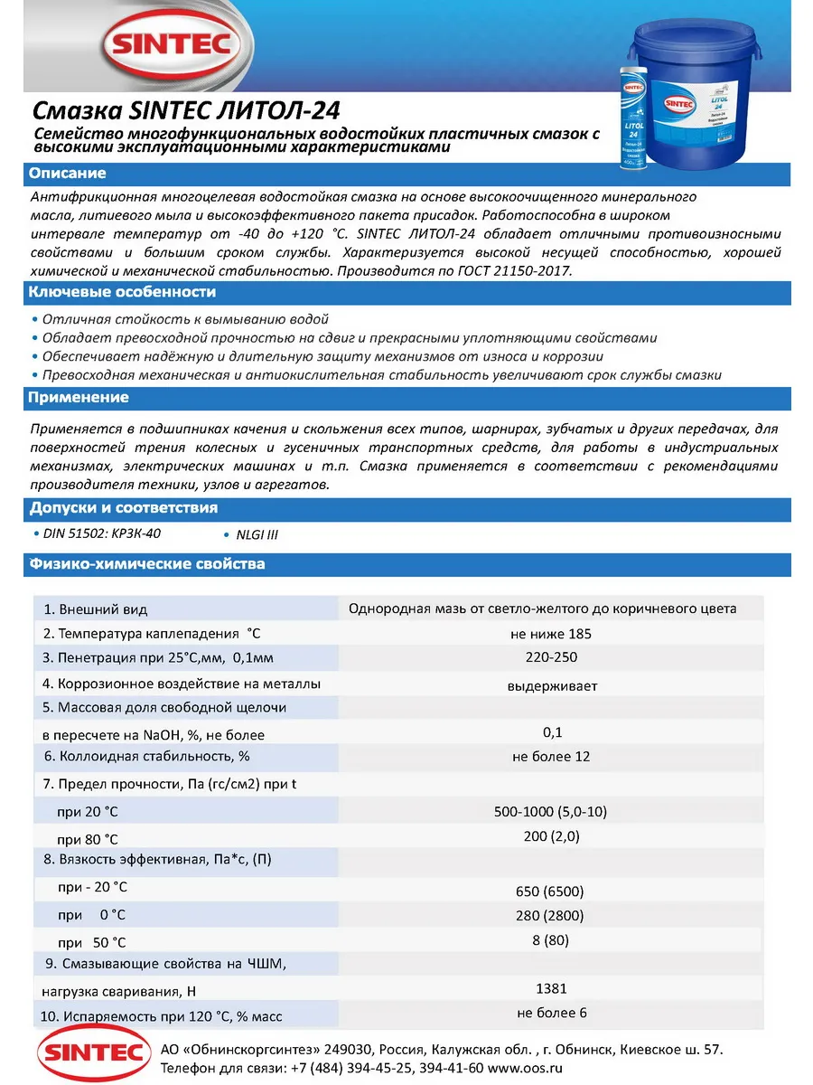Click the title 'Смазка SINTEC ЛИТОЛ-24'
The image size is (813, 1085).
tap(186, 111)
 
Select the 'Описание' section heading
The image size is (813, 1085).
tap(67, 174)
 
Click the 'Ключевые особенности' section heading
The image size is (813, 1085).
tap(122, 292)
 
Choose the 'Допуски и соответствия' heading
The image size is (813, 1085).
tap(123, 508)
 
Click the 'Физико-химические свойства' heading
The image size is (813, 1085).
tap(146, 564)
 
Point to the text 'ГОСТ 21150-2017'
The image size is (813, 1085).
tap(517, 271)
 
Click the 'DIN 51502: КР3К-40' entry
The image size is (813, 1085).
tap(109, 533)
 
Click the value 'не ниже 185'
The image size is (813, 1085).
tap(551, 633)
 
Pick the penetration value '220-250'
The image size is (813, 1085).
tap(551, 657)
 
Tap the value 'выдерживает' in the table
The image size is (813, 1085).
tap(552, 685)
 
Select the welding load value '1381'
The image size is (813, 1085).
tap(551, 988)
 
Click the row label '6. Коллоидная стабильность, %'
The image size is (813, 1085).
tap(146, 756)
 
